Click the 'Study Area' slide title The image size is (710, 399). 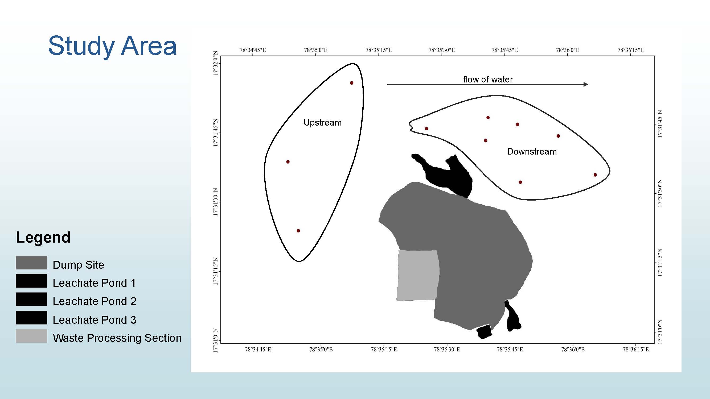pos(112,46)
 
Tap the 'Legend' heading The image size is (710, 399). pos(43,237)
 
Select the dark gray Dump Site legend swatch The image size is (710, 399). pos(31,263)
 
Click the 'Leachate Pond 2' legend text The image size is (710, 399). pos(95,301)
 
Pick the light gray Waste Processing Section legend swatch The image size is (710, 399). pos(31,336)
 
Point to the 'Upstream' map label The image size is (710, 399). pos(322,123)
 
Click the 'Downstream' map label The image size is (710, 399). pos(532,151)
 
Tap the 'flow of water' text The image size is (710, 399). pos(488,80)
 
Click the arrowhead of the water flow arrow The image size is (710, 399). pos(586,84)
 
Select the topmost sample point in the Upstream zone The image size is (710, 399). pos(352,83)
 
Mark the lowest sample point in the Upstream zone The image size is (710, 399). pos(298,231)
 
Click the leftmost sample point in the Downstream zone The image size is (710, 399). pos(426,128)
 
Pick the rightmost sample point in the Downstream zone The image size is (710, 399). pos(595,175)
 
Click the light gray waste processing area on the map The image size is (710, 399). pos(418,275)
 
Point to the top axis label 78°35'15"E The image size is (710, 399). pos(379,50)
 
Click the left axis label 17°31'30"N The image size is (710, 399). pos(216,202)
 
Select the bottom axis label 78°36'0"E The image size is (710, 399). pos(573,350)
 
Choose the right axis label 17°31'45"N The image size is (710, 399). pos(660,124)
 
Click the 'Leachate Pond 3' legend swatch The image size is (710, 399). pos(31,318)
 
